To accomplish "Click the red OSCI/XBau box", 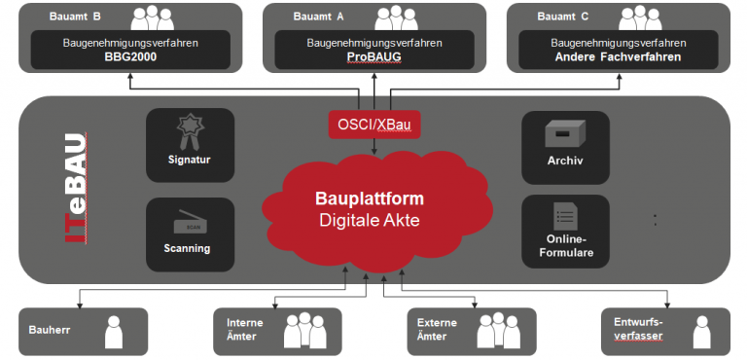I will click(x=374, y=125).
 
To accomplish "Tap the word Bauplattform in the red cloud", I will click(x=369, y=198).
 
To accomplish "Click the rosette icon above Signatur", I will click(x=189, y=131).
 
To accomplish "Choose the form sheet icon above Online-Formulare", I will click(x=564, y=217).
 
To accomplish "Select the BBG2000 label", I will click(x=130, y=57).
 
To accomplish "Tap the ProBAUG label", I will click(x=374, y=57).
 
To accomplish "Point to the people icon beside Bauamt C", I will click(x=639, y=18).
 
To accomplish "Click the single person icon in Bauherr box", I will click(x=115, y=332).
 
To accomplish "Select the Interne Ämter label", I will click(x=245, y=330).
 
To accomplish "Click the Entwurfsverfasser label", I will click(x=638, y=330).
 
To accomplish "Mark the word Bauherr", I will click(x=50, y=331).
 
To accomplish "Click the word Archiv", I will click(x=564, y=161).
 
